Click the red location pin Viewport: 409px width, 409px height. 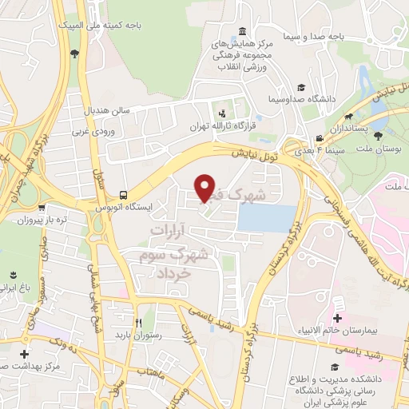coord(205,188)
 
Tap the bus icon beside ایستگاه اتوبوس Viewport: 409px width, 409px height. coord(123,194)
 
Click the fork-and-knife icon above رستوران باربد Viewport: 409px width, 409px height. coord(138,323)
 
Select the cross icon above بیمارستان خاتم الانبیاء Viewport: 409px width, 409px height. coord(338,305)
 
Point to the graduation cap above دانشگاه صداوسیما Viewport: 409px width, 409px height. coord(301,87)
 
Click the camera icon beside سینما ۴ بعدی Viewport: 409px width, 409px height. coord(319,138)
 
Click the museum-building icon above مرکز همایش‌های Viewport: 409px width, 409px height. coord(240,30)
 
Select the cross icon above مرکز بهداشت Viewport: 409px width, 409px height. coord(26,353)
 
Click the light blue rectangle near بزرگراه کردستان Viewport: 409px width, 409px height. coord(268,218)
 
